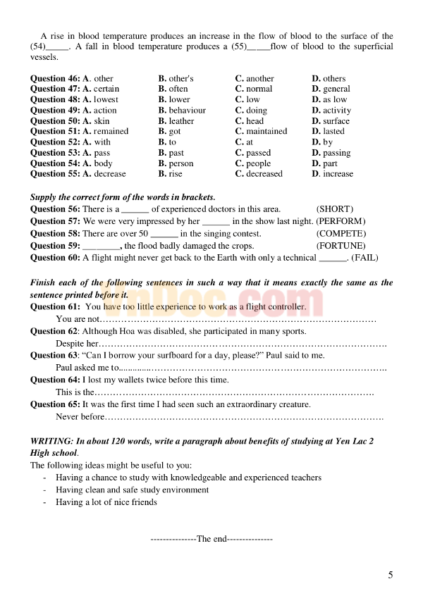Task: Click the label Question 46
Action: click(55, 78)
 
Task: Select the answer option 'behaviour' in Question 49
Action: click(187, 110)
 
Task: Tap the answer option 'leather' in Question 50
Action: click(181, 120)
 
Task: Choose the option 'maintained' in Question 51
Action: click(266, 131)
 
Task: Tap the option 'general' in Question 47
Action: click(336, 89)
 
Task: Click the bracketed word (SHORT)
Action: click(335, 208)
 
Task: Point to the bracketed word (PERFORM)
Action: click(341, 220)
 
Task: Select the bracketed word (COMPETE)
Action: click(341, 233)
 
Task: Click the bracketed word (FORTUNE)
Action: click(341, 246)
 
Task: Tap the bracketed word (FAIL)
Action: click(364, 258)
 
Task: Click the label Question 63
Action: click(55, 355)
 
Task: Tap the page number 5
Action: click(391, 575)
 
